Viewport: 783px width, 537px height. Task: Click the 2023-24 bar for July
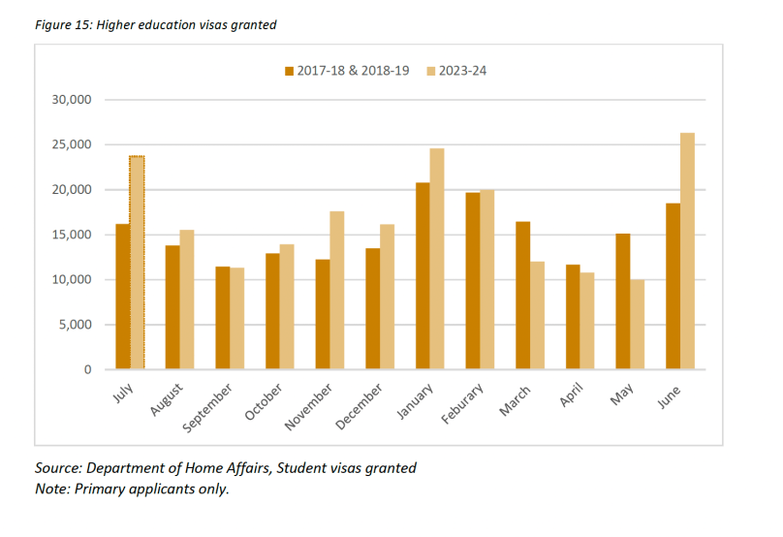tap(137, 263)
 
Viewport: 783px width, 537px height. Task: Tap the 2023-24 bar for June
tap(687, 251)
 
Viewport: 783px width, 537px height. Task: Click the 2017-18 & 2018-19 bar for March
tap(522, 296)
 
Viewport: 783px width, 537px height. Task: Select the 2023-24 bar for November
tap(337, 290)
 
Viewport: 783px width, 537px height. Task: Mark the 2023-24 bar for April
tap(587, 321)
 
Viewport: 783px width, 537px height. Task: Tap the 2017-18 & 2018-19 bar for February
tap(472, 281)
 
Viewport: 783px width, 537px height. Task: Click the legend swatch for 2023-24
tap(431, 71)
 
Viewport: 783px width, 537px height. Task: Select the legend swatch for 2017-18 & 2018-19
tap(289, 71)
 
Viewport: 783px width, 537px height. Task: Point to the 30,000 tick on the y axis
tap(71, 100)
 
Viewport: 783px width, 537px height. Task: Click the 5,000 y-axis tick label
tap(75, 325)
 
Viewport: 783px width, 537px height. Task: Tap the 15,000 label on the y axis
tap(71, 235)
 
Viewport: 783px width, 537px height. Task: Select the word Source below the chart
tap(56, 468)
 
